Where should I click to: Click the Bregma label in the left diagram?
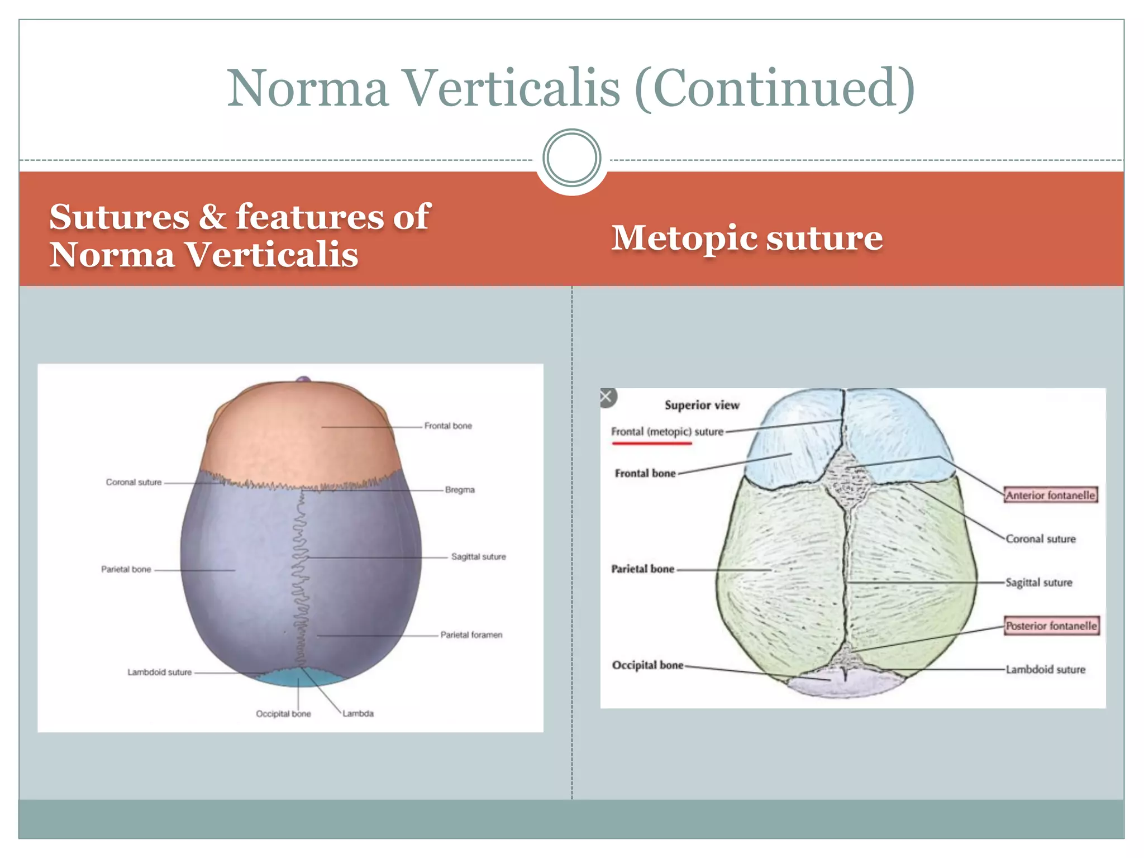tap(460, 490)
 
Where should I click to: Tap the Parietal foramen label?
tap(471, 635)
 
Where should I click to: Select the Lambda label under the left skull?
tap(358, 713)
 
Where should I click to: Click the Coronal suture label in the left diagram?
tap(134, 482)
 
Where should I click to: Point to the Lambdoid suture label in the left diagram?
tap(159, 672)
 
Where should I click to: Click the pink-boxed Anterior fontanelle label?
tap(1050, 495)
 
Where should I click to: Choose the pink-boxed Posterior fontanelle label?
tap(1051, 626)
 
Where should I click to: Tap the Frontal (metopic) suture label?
tap(667, 432)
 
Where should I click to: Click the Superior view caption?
tap(702, 405)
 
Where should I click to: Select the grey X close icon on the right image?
tap(607, 397)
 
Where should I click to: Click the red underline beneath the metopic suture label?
tap(652, 444)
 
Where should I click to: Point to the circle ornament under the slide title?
tap(571, 158)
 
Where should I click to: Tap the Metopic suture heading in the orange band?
tap(747, 238)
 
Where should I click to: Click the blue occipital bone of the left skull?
tap(302, 677)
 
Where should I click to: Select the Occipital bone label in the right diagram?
tap(647, 665)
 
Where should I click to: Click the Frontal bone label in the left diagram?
tap(448, 426)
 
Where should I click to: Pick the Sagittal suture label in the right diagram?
tap(1039, 583)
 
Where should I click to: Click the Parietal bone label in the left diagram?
tap(126, 569)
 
